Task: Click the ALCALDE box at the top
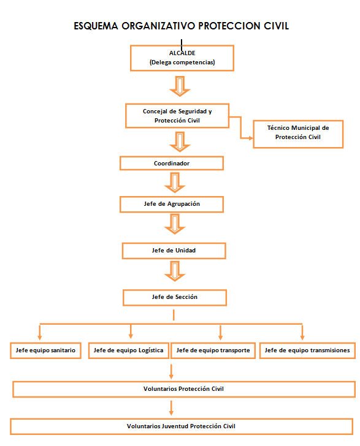(182, 58)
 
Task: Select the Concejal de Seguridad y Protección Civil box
(177, 116)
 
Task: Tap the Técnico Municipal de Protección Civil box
(298, 134)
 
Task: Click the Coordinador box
(172, 163)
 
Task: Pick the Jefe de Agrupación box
(172, 204)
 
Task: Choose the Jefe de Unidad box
(174, 251)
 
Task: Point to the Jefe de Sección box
(175, 298)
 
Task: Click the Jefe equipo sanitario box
(45, 350)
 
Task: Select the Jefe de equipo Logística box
(128, 350)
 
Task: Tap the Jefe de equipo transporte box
(213, 350)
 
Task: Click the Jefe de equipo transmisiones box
(307, 350)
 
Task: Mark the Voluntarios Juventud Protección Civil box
(182, 426)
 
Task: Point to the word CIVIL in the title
(276, 26)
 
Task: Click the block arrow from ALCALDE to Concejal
(180, 86)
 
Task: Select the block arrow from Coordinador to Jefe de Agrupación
(175, 183)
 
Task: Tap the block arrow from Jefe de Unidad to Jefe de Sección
(175, 271)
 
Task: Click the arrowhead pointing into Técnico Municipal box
(251, 138)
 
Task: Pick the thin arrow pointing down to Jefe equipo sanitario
(40, 332)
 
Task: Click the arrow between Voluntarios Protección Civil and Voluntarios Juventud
(171, 408)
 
